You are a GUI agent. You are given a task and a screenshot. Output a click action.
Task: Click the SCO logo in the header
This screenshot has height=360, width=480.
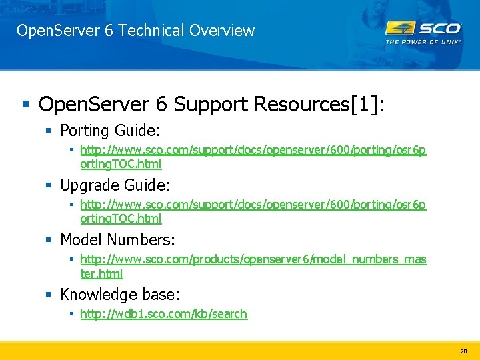423,28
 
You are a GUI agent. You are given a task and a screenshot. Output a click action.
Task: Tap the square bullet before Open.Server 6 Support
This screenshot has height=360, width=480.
25,104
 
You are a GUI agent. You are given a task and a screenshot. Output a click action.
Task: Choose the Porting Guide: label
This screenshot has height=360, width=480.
110,130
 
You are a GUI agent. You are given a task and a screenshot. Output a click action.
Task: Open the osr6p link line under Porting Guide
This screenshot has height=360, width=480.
253,150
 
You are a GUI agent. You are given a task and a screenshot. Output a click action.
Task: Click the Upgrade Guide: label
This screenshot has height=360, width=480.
115,185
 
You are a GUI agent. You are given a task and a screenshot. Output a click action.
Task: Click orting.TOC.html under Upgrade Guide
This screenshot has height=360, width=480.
121,219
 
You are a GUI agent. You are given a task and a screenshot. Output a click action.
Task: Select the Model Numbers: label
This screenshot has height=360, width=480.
117,239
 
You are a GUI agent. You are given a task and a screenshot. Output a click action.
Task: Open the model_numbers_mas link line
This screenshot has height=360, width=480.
253,259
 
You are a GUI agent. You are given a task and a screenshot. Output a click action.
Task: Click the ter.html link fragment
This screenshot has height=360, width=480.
101,273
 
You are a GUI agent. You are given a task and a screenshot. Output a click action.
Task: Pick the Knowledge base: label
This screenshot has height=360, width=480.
120,294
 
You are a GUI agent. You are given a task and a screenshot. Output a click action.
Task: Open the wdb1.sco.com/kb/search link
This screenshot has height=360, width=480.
163,314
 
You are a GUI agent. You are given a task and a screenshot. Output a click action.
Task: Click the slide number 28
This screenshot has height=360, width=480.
463,351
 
